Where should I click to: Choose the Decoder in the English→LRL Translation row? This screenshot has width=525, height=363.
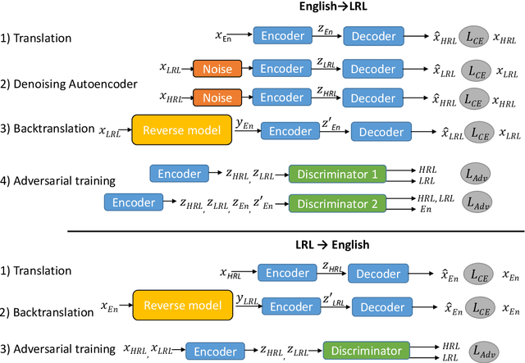click(372, 35)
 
